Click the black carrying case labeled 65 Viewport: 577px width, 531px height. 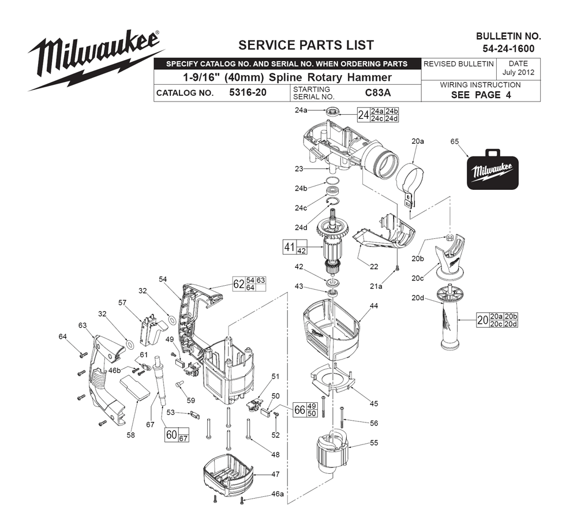tap(492, 170)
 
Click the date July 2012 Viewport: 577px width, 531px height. tap(518, 73)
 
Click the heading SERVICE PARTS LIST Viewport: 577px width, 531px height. tap(306, 45)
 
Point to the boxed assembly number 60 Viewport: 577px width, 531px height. tap(171, 435)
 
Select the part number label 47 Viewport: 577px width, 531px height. tap(275, 474)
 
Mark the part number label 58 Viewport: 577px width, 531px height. tap(130, 435)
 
